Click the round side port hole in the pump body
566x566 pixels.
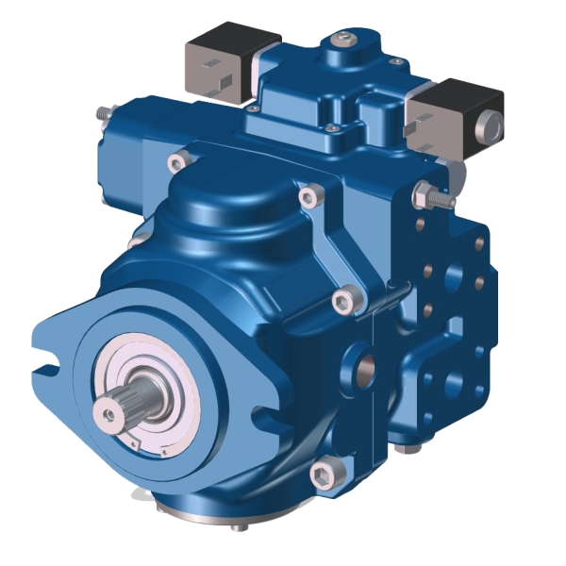pos(362,363)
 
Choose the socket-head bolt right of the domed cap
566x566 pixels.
pos(307,196)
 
